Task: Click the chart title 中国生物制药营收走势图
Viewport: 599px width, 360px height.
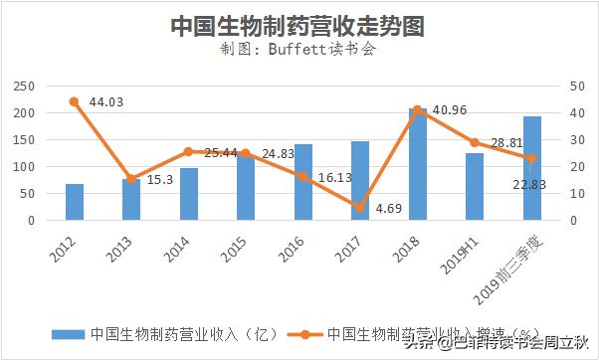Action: [x=299, y=25]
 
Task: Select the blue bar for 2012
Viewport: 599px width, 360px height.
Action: [x=74, y=202]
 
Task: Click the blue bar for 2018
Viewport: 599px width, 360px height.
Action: [x=417, y=164]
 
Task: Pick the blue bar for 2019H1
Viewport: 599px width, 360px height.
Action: [x=475, y=186]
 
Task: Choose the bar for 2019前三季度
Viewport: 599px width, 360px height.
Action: [x=532, y=168]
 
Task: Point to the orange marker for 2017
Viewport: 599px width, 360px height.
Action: [x=360, y=207]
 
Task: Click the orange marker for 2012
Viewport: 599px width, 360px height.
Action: [x=74, y=101]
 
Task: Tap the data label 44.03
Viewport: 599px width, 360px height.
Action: [x=105, y=101]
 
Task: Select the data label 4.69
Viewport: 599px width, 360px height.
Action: [x=390, y=208]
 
